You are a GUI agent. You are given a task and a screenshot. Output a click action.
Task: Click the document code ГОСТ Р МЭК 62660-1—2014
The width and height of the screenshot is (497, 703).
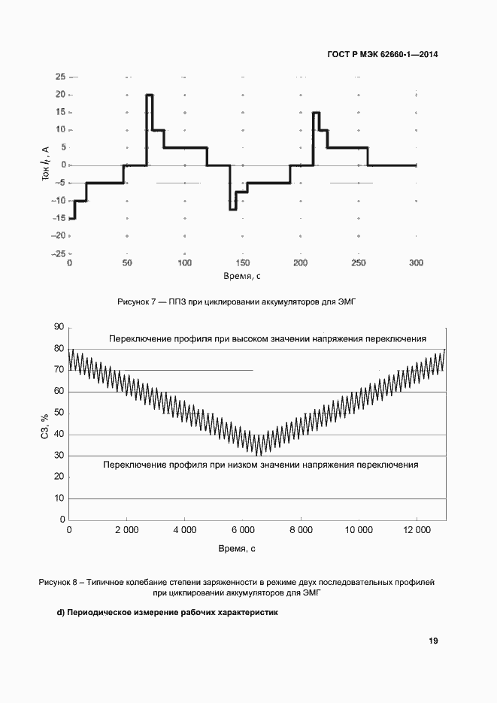click(383, 55)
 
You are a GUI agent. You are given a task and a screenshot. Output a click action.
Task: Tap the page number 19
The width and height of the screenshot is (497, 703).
click(433, 641)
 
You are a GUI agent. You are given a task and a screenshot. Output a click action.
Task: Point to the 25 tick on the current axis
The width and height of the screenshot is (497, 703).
click(59, 77)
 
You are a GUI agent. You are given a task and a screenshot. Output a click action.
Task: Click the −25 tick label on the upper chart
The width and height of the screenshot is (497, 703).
click(57, 253)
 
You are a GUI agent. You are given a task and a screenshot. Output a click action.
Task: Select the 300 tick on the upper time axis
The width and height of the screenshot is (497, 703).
click(416, 263)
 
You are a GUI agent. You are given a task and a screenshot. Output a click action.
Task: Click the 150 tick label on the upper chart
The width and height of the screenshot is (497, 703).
click(243, 263)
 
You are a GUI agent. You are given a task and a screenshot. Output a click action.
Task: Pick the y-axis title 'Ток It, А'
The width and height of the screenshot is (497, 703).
click(46, 166)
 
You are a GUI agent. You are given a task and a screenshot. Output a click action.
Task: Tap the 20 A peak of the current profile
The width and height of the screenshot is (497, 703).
click(150, 95)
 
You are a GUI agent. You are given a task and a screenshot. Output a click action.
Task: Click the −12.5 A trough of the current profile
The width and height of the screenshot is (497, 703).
click(233, 209)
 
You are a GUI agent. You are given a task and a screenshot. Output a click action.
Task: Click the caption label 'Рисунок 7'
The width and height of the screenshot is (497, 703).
click(136, 301)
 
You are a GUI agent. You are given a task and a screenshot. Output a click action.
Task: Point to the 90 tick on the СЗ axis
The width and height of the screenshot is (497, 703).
click(57, 328)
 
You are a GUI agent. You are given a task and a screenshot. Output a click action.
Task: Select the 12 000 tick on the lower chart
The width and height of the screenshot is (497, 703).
click(417, 531)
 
